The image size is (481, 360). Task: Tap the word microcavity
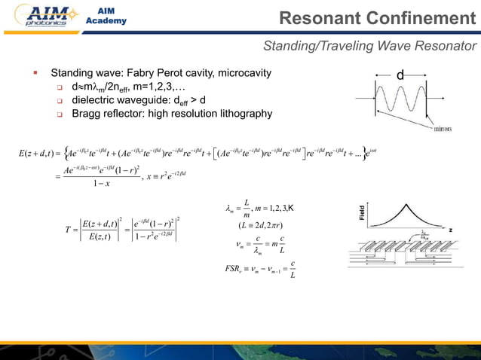pos(244,75)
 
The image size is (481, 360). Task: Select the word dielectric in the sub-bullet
pos(95,101)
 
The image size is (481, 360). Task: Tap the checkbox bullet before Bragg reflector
pos(58,114)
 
